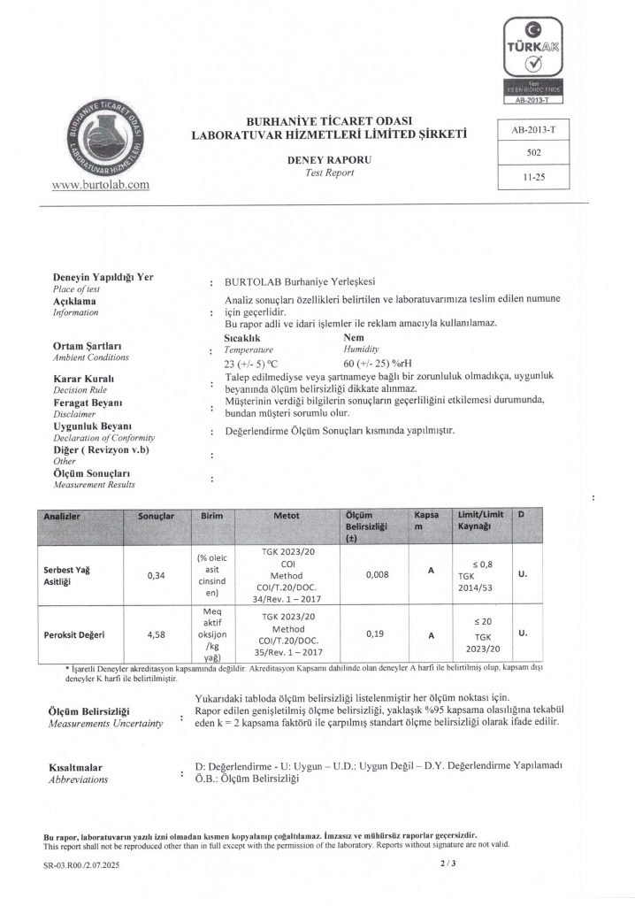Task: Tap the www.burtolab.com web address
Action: click(x=101, y=185)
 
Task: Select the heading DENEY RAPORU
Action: click(x=323, y=160)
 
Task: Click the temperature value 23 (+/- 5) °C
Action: click(x=253, y=363)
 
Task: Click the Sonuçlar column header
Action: click(x=157, y=515)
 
